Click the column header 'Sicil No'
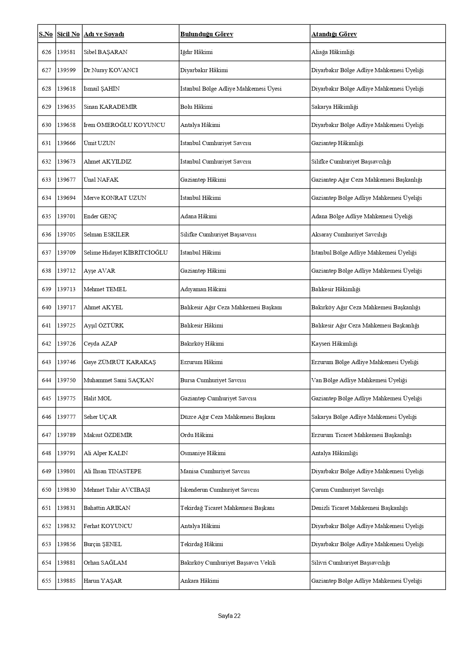68,34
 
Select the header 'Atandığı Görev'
334,34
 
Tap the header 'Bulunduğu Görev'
207,34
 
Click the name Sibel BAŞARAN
105,52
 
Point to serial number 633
47,180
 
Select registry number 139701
66,216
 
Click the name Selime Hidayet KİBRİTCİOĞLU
125,253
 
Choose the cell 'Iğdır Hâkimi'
196,52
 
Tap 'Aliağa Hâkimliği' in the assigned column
332,52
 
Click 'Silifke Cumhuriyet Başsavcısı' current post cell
218,235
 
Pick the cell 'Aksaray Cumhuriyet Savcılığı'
349,235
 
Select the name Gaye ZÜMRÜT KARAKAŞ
120,362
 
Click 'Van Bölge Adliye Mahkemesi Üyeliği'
359,380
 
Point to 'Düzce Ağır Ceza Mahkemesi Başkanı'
228,417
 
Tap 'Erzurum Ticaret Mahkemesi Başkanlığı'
361,435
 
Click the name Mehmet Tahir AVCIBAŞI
117,490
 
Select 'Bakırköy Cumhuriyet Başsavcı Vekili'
228,563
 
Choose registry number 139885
66,581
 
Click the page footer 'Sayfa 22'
229,616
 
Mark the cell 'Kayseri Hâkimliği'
334,344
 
